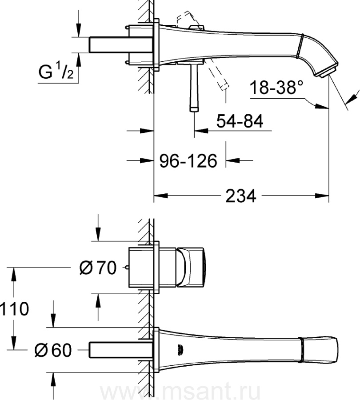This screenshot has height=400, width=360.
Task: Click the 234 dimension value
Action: tap(240, 196)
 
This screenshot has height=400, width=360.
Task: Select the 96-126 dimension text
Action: tap(188, 161)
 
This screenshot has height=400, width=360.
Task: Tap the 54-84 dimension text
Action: tap(240, 121)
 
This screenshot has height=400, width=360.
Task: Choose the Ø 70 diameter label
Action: tap(98, 268)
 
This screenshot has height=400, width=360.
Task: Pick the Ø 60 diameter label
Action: tap(53, 350)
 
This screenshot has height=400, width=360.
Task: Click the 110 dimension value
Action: tap(14, 309)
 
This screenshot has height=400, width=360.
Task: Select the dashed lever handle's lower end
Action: tap(224, 87)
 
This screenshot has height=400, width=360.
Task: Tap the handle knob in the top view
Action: tap(190, 268)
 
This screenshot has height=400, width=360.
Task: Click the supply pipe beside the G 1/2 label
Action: tap(121, 45)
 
